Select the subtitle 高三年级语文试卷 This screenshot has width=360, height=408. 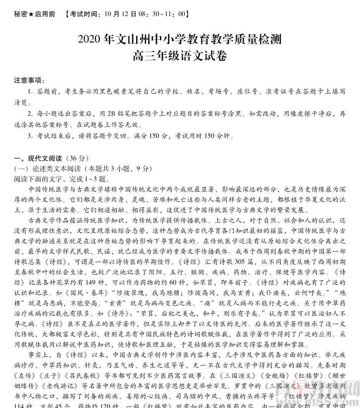click(180, 57)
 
